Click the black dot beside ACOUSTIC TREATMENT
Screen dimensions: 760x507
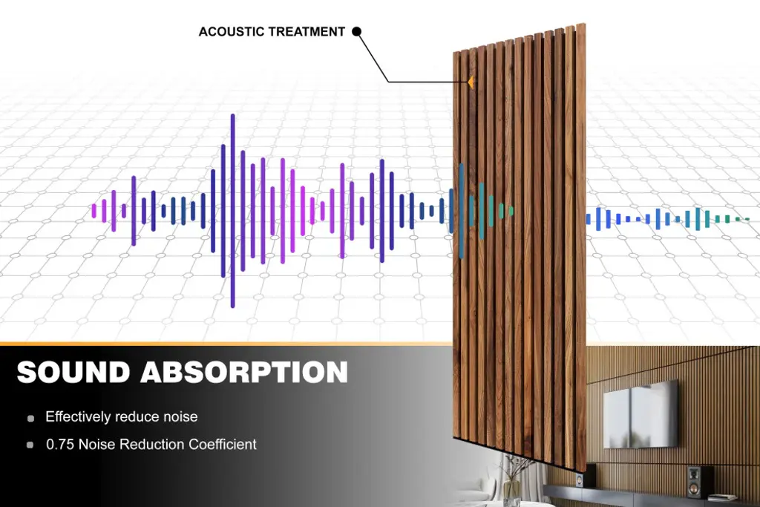tap(356, 31)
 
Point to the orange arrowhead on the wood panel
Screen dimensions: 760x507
tap(470, 82)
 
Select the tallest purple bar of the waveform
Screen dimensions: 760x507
tap(232, 211)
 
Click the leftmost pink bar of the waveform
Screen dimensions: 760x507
tap(94, 211)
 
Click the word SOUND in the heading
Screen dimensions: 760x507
tap(73, 372)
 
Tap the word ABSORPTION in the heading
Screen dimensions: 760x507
tap(244, 372)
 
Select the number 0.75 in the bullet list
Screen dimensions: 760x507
tap(60, 445)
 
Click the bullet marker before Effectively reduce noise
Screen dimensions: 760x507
tap(30, 419)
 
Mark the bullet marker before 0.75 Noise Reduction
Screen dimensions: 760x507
tap(30, 445)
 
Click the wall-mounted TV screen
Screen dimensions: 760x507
tap(641, 414)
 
